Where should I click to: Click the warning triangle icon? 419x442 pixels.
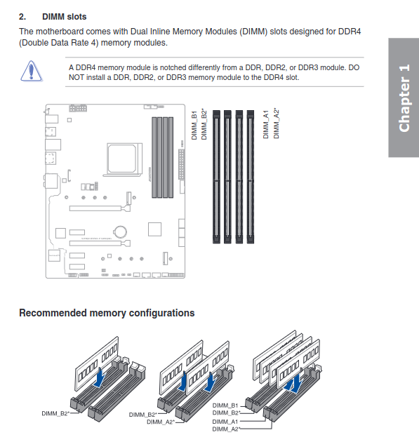click(31, 71)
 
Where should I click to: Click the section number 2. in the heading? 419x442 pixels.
click(22, 15)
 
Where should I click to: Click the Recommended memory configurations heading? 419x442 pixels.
click(107, 313)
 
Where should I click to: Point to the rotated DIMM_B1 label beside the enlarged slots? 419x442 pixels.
click(194, 125)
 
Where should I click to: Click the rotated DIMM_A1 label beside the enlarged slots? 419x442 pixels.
click(266, 125)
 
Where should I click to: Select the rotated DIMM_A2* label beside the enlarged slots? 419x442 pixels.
click(276, 124)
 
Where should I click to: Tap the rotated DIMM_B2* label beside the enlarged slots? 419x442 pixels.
click(204, 125)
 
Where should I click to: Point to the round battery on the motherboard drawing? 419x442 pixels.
click(121, 229)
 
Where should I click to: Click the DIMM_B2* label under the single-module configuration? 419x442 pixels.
click(55, 414)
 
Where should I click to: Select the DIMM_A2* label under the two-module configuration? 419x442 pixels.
click(161, 422)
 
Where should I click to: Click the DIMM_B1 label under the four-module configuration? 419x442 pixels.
click(225, 406)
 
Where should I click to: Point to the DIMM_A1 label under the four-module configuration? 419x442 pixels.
click(225, 421)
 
